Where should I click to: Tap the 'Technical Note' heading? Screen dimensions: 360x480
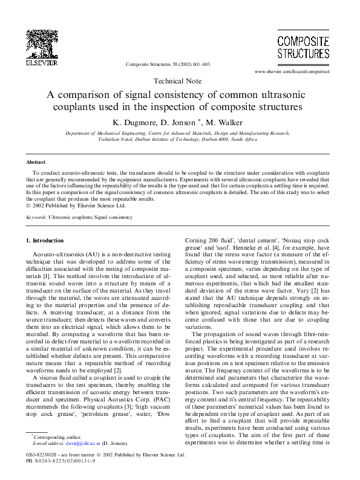(x=180, y=81)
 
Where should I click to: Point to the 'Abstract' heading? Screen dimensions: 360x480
(x=36, y=163)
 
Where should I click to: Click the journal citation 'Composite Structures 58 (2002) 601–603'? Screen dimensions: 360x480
(x=168, y=63)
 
